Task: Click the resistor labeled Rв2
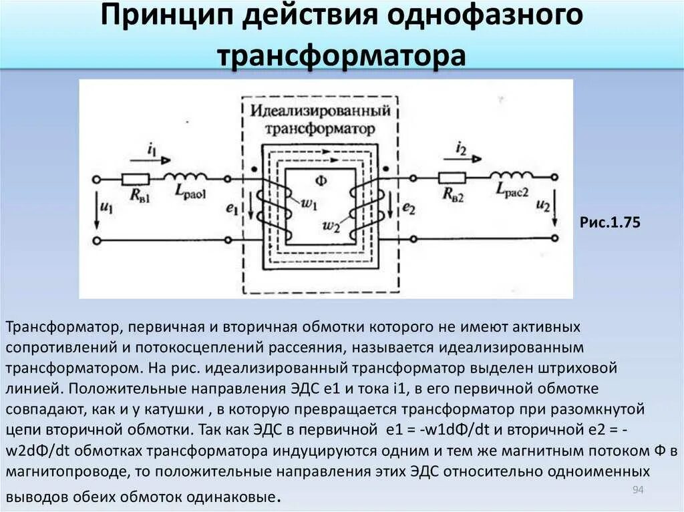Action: coord(452,178)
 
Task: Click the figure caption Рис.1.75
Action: coord(609,222)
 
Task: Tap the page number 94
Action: coord(637,491)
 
